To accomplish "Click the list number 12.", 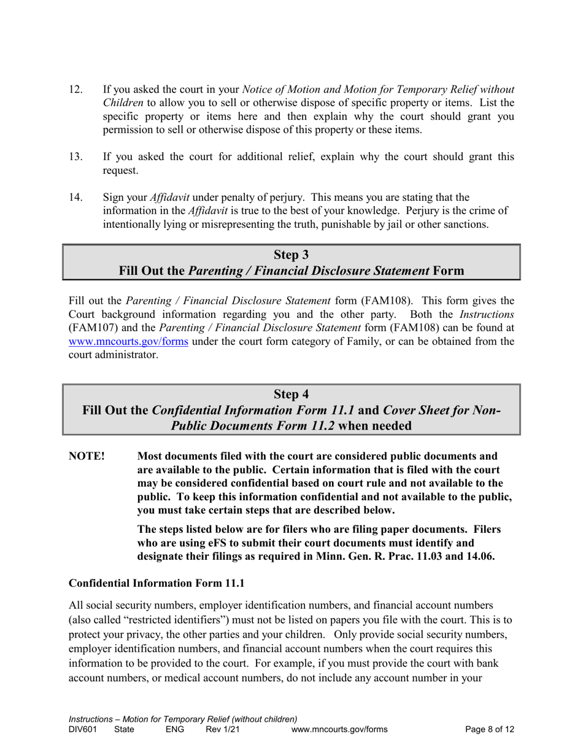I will tap(75, 89).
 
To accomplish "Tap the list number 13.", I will tap(75, 157).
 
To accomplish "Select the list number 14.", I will tap(75, 197).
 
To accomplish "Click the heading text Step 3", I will tap(291, 254).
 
